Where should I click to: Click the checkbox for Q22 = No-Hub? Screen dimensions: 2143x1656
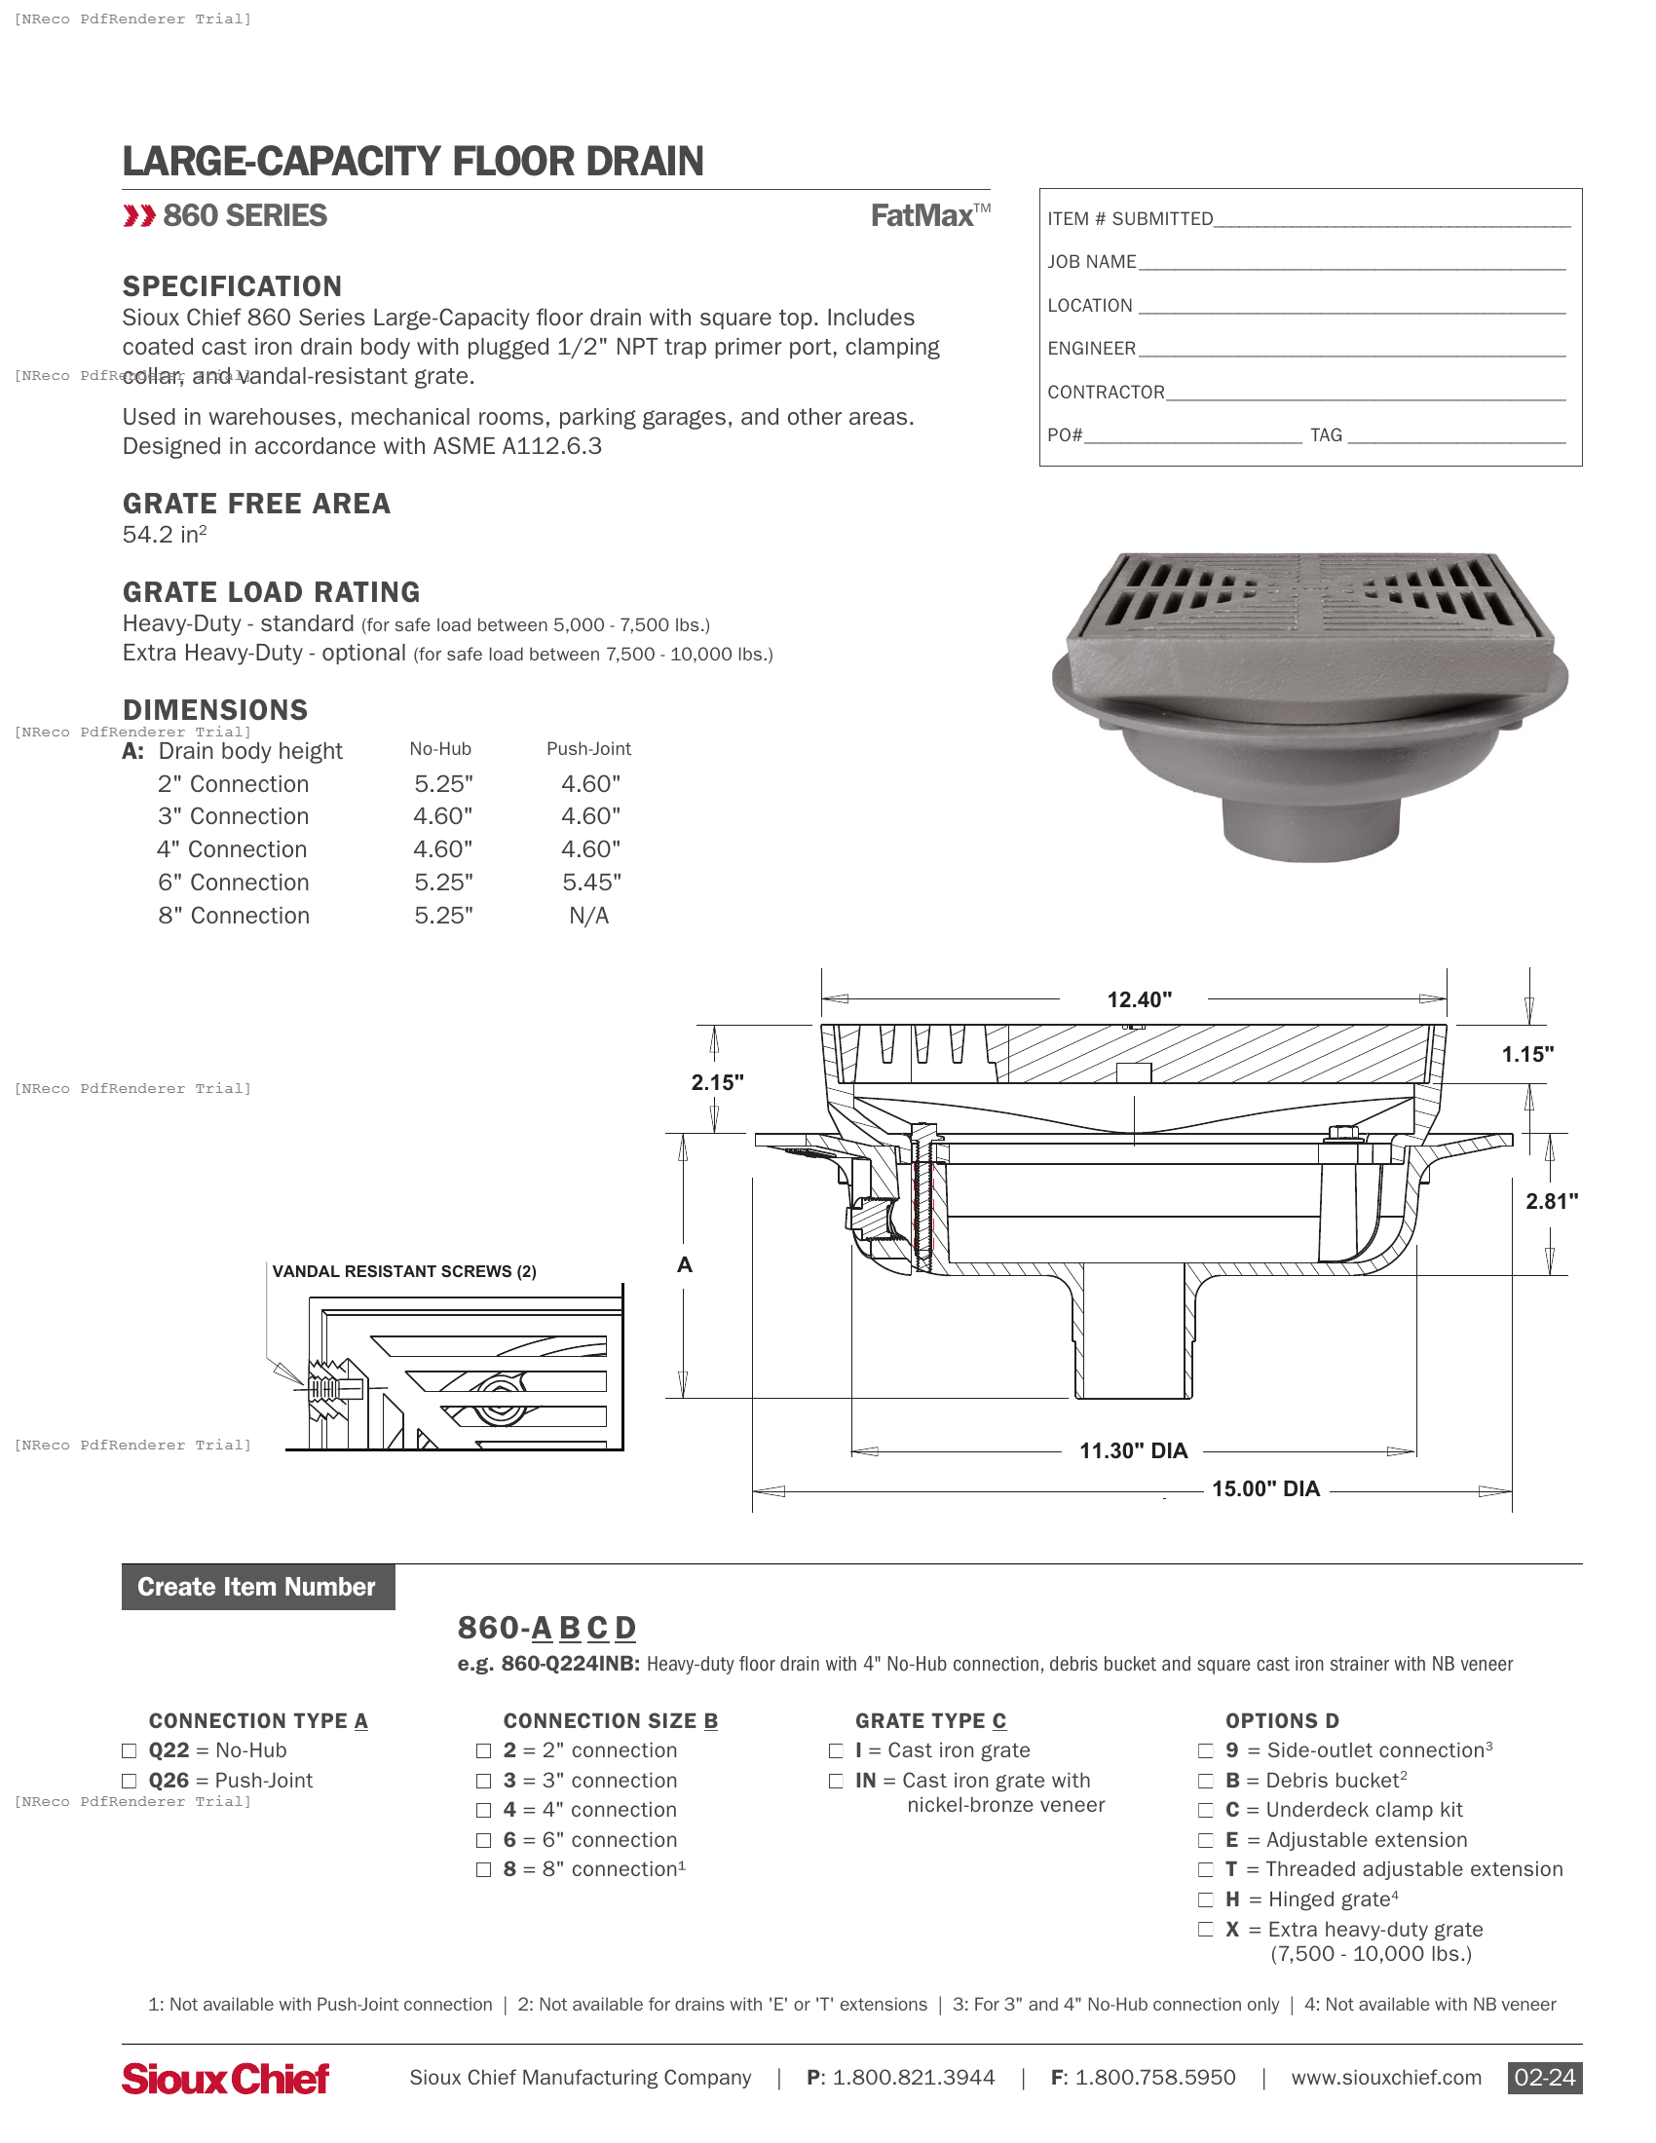pyautogui.click(x=129, y=1750)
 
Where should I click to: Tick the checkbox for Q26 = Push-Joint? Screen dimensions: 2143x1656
pyautogui.click(x=129, y=1780)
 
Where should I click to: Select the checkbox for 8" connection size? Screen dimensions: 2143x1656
pyautogui.click(x=484, y=1869)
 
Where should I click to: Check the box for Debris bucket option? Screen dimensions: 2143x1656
pyautogui.click(x=1206, y=1780)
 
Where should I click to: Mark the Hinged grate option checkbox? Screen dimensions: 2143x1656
pyautogui.click(x=1206, y=1899)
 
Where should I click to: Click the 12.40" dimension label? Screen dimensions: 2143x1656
pyautogui.click(x=1139, y=999)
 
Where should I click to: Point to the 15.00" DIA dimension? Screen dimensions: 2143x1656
pyautogui.click(x=1265, y=1488)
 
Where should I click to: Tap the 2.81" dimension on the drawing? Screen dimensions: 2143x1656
pyautogui.click(x=1551, y=1201)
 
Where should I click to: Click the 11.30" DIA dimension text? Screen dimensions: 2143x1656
pyautogui.click(x=1133, y=1450)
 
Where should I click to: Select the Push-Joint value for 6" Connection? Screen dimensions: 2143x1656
pyautogui.click(x=590, y=883)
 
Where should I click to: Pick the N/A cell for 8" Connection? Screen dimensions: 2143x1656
pyautogui.click(x=588, y=916)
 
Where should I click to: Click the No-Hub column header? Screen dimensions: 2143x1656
pyautogui.click(x=440, y=749)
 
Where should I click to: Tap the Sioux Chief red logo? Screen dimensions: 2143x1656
pyautogui.click(x=226, y=2079)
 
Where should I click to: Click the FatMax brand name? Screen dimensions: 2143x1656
pyautogui.click(x=923, y=216)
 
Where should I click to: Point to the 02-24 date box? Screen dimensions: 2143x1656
pyautogui.click(x=1544, y=2078)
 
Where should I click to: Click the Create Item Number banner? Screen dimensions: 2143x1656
pyautogui.click(x=258, y=1587)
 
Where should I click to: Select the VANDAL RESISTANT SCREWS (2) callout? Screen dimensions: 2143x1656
pyautogui.click(x=404, y=1271)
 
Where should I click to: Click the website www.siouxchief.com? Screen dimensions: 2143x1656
pyautogui.click(x=1385, y=2078)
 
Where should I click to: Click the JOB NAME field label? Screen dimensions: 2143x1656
pyautogui.click(x=1091, y=262)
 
